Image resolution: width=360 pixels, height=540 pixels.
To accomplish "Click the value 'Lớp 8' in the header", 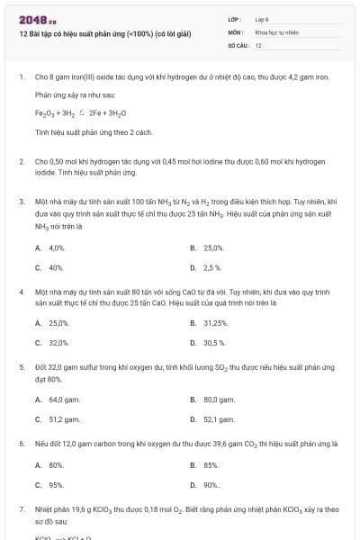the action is (x=261, y=18).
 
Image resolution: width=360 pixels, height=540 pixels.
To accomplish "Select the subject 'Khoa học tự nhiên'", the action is (x=275, y=31).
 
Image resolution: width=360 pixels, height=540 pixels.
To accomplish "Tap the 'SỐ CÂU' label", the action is (x=237, y=44).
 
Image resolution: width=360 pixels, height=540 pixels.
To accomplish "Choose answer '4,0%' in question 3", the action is (x=57, y=247).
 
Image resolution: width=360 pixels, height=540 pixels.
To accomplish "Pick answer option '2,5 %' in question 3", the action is (x=212, y=267).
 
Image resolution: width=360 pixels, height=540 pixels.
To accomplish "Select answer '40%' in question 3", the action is (x=56, y=267).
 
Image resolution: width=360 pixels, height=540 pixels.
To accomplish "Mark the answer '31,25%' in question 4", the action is (x=215, y=323).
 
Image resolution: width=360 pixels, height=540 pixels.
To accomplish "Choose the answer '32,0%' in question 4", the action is (x=58, y=343).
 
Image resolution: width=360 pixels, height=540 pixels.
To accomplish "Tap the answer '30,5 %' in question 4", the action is (x=214, y=343).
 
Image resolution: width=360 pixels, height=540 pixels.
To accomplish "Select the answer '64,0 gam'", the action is (x=60, y=399).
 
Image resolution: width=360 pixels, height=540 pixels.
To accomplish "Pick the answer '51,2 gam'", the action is (x=60, y=418).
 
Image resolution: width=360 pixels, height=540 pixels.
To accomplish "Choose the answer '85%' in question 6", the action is (x=211, y=465).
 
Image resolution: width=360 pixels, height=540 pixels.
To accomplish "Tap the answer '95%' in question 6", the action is (x=56, y=485).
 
